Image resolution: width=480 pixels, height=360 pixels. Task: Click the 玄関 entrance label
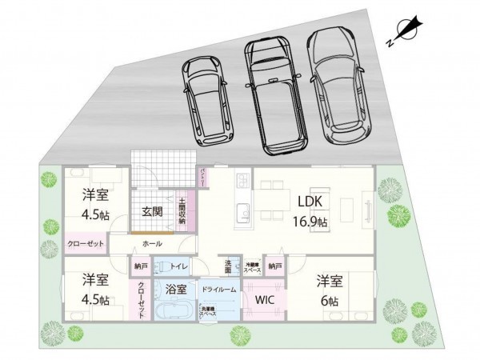point(153,212)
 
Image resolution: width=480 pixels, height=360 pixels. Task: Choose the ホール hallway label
point(152,242)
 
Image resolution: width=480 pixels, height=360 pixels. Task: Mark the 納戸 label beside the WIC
point(274,266)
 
